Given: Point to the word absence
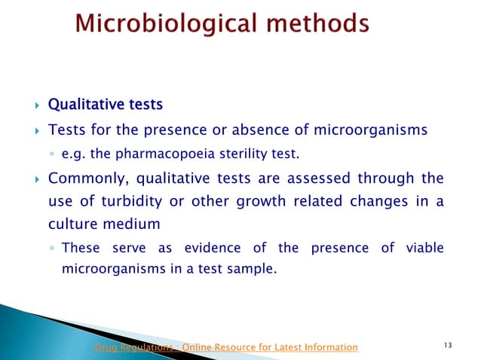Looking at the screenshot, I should point(249,130).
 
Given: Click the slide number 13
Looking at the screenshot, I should point(449,346).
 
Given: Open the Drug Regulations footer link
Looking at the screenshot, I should point(225,347).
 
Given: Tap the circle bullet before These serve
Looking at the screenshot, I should point(51,249).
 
